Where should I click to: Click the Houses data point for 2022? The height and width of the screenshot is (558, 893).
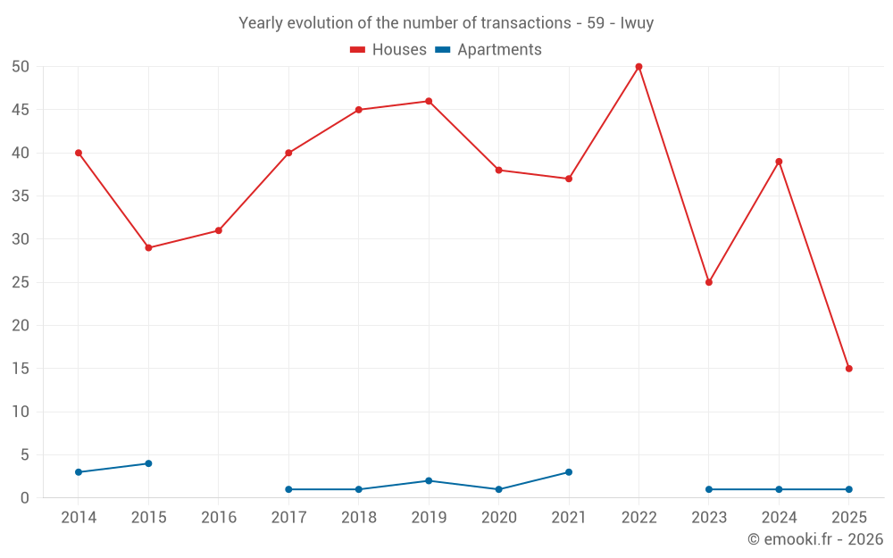638,67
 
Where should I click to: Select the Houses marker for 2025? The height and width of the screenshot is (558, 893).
848,369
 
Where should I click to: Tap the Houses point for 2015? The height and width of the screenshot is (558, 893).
148,247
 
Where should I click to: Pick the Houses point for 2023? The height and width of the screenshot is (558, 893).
709,282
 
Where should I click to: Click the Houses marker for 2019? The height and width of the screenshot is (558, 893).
429,101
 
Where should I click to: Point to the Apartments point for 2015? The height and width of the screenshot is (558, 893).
148,463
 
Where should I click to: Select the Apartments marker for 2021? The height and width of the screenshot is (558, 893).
569,472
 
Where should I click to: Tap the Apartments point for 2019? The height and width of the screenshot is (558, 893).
429,480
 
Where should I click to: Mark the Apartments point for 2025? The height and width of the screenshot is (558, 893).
848,489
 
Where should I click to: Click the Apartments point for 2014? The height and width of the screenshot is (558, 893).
79,472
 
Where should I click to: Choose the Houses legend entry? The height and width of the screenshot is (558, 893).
388,50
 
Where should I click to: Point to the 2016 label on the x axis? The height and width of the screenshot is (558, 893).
219,518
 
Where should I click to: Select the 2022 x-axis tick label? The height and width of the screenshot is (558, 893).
638,518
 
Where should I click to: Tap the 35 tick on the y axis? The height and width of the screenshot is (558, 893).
21,196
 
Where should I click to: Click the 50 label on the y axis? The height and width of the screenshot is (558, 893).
21,67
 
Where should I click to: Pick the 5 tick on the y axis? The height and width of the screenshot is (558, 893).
25,455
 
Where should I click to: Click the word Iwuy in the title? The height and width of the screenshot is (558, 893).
637,23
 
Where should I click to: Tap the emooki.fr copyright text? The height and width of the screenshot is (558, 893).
814,539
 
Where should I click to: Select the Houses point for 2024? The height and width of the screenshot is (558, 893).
779,162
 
